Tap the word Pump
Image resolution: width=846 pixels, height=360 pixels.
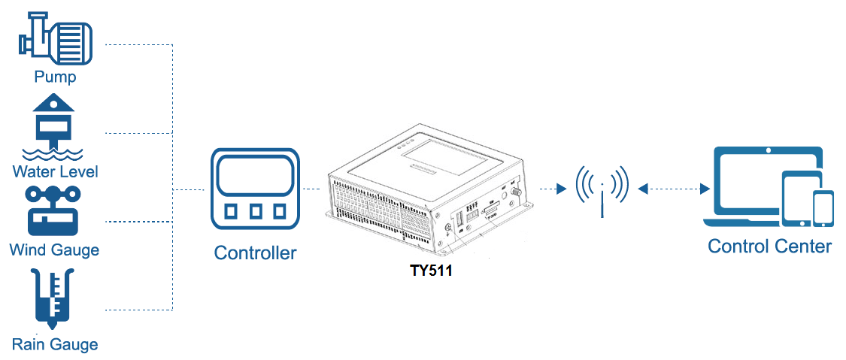tap(55, 77)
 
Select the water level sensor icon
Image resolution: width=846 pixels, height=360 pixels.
tap(53, 127)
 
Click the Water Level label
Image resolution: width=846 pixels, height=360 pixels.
tap(55, 172)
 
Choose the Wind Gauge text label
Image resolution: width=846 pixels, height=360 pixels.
tap(54, 250)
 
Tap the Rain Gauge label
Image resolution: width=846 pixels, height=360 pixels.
tap(54, 344)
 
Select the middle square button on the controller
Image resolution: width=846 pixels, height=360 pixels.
tap(255, 211)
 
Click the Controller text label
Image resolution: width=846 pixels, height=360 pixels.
tap(255, 253)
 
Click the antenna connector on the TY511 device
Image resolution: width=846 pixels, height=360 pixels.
tap(514, 192)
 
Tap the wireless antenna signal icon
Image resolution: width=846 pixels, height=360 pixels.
tap(602, 189)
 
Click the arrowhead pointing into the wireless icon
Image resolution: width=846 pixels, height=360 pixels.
tap(561, 189)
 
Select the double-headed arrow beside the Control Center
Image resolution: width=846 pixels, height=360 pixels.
tap(674, 189)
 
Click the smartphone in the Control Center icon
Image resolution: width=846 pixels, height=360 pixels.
tap(823, 209)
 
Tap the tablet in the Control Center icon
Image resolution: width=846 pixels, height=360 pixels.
tap(797, 198)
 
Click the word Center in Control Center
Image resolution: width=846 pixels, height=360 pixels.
tap(803, 247)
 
